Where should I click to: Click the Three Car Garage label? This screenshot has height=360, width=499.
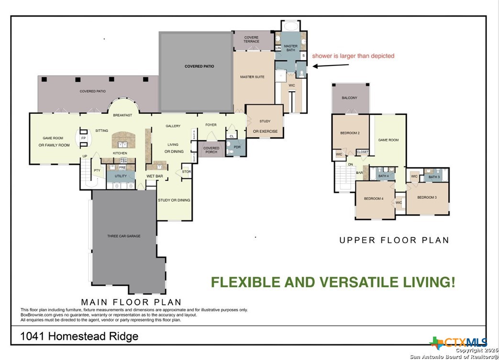pos(123,236)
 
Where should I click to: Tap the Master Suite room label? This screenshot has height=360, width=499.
pos(252,77)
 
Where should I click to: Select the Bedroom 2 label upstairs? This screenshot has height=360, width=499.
pos(350,133)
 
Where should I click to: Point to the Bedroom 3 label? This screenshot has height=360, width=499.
pos(426,197)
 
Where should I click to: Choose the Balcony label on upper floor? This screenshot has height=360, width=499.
pos(349,98)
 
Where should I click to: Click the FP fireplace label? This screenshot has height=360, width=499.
pos(83,138)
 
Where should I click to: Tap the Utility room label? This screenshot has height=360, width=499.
pos(121,176)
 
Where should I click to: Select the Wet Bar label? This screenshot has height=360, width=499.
pos(155,176)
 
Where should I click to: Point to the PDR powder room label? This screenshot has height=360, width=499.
pos(237,147)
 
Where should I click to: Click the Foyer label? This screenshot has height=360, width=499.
pos(211,125)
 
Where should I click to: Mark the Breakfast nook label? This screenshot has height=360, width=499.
pos(122,115)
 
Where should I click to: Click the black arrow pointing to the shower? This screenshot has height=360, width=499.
pos(326,65)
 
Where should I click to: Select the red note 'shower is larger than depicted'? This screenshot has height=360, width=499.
pos(353,56)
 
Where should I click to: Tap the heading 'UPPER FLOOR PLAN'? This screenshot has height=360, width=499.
pos(394,240)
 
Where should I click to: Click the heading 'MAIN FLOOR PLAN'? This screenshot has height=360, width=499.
pos(131,302)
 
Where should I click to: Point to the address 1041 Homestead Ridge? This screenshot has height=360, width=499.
pos(79,337)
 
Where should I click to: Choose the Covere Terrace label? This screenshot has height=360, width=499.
pos(251,39)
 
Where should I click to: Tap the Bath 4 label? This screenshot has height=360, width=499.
pos(384,176)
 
